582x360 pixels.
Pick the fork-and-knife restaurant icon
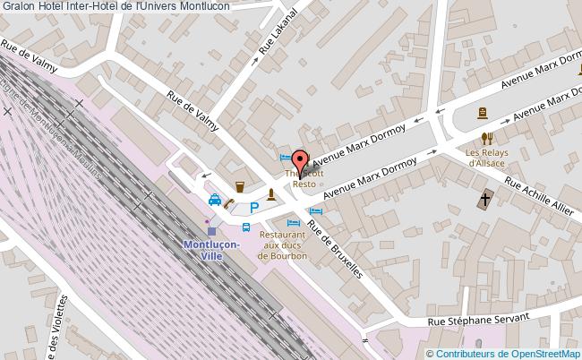[487, 138]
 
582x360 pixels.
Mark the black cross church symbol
[485, 198]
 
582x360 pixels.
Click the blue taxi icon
[216, 201]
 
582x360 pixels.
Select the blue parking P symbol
[254, 208]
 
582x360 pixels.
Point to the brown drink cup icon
[241, 187]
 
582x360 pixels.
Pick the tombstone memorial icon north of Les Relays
[482, 113]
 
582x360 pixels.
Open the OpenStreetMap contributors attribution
[503, 353]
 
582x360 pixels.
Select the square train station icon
[211, 231]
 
